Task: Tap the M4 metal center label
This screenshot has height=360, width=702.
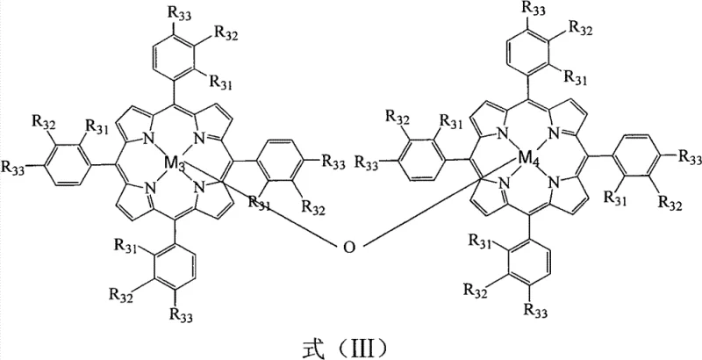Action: click(526, 161)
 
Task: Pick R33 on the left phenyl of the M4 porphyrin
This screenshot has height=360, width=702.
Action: click(369, 163)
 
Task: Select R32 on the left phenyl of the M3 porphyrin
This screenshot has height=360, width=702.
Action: click(43, 121)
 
